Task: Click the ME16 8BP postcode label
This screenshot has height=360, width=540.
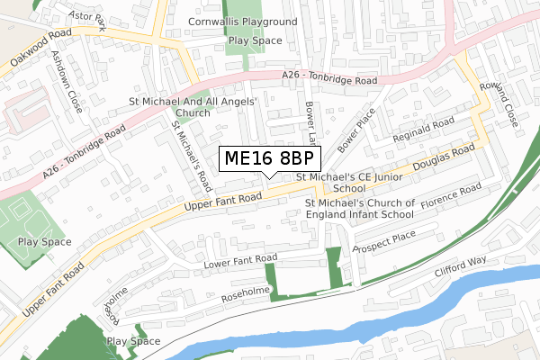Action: click(x=269, y=158)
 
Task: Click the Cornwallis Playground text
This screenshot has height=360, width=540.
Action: click(x=242, y=21)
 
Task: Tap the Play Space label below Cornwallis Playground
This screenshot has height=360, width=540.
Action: click(x=255, y=40)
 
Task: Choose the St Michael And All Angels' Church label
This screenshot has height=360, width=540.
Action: click(x=193, y=108)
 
